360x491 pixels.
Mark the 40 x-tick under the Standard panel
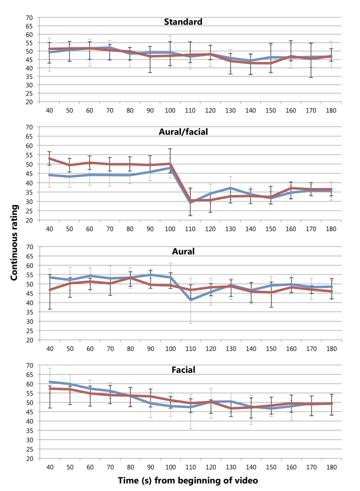pyautogui.click(x=49, y=109)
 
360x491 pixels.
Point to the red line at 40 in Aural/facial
pyautogui.click(x=49, y=158)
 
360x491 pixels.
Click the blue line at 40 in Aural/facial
pyautogui.click(x=49, y=175)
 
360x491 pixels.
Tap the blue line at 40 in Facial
pyautogui.click(x=49, y=382)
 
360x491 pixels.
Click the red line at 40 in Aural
pyautogui.click(x=49, y=290)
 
